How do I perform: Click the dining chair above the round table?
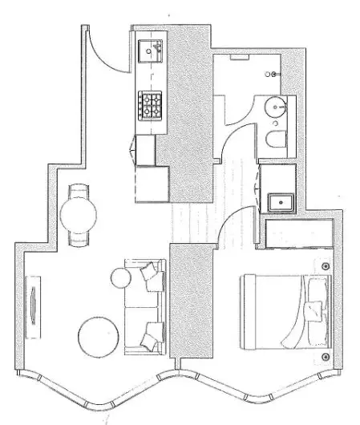click(79, 190)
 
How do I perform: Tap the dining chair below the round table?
click(79, 238)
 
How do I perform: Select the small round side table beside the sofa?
click(120, 278)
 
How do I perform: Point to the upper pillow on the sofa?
click(151, 275)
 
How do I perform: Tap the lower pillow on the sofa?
click(149, 338)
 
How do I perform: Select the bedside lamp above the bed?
click(326, 266)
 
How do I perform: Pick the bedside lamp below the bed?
click(326, 357)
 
